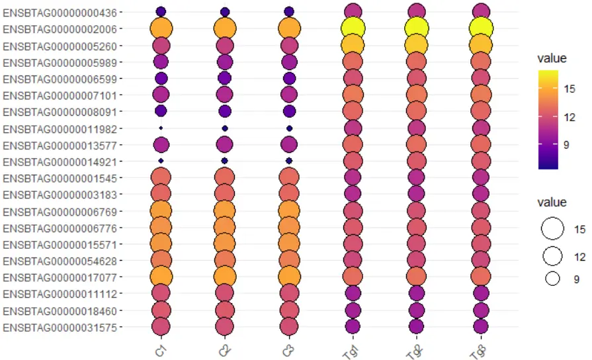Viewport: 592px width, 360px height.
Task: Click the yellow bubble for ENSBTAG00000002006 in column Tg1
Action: click(353, 28)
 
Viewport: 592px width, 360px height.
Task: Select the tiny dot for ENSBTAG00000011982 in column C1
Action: click(161, 128)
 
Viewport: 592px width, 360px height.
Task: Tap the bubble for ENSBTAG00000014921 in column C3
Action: click(288, 161)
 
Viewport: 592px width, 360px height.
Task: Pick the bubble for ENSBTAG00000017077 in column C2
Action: click(225, 276)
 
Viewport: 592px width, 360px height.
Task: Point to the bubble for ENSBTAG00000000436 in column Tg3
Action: click(481, 11)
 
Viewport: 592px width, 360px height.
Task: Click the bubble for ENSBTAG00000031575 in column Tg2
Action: click(416, 326)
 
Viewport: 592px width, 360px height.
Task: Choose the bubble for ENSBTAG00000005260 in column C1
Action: click(161, 46)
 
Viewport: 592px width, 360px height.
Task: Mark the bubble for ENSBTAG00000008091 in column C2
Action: click(225, 111)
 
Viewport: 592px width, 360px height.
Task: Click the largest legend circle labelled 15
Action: click(552, 229)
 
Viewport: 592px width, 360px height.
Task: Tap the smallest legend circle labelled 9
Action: click(552, 279)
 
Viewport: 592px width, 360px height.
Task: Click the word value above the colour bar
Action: click(552, 58)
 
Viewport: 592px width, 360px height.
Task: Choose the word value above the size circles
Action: click(552, 202)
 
